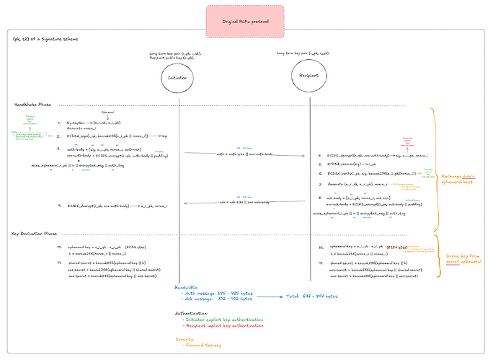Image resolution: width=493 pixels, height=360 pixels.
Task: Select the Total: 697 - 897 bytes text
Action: pos(311,296)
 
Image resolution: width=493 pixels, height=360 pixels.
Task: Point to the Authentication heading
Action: pos(194,313)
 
